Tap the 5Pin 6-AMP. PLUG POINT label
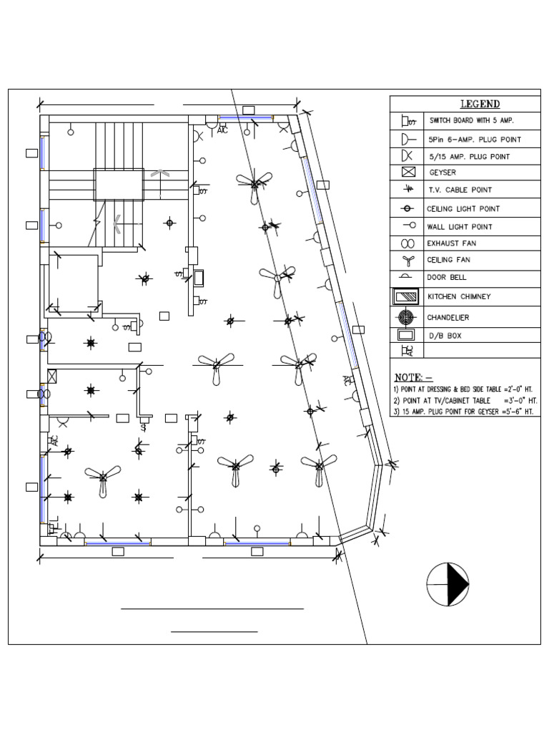pyautogui.click(x=474, y=139)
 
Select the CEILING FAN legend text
pyautogui.click(x=455, y=261)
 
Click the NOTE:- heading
pyautogui.click(x=414, y=377)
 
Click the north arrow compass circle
pyautogui.click(x=447, y=583)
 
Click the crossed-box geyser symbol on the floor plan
pyautogui.click(x=51, y=376)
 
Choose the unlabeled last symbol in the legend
pyautogui.click(x=407, y=351)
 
